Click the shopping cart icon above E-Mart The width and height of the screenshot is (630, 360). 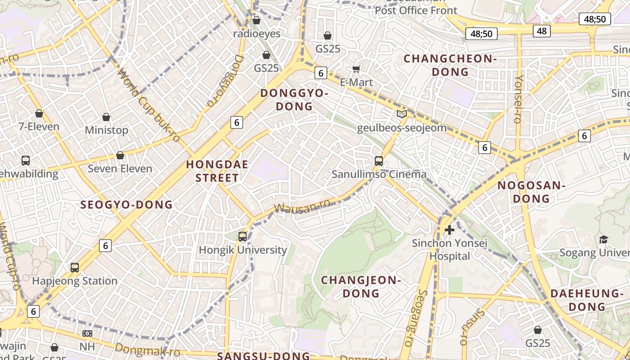click(x=356, y=69)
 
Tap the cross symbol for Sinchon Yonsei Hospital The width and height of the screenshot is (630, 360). click(x=449, y=230)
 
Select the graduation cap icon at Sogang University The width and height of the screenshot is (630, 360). click(x=603, y=239)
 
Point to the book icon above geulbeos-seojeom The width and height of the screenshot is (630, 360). click(x=401, y=114)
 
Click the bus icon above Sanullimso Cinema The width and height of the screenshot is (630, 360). click(x=379, y=161)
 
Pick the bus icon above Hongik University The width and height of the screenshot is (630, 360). click(x=243, y=236)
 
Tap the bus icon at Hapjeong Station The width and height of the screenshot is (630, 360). click(x=75, y=267)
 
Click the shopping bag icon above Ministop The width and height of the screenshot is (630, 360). click(x=106, y=117)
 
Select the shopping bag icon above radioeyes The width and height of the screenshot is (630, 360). click(x=256, y=20)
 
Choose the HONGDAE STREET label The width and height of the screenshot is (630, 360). click(x=217, y=171)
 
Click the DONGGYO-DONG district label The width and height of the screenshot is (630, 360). click(x=294, y=99)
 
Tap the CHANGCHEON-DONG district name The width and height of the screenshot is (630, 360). click(x=450, y=65)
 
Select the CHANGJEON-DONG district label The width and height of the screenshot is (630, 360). click(x=361, y=287)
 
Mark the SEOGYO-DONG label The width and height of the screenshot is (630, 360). click(x=126, y=205)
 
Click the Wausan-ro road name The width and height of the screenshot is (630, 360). click(x=301, y=206)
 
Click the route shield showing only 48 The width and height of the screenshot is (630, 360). click(x=541, y=31)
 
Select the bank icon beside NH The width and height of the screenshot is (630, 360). click(x=87, y=333)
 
